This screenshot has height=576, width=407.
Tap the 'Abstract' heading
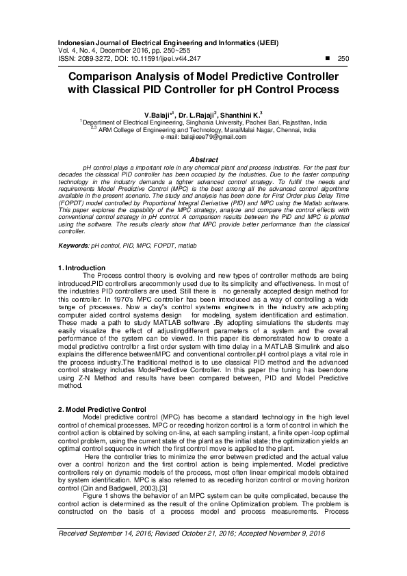pyautogui.click(x=203, y=159)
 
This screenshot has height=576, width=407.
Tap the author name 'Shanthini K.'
pyautogui.click(x=241, y=115)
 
